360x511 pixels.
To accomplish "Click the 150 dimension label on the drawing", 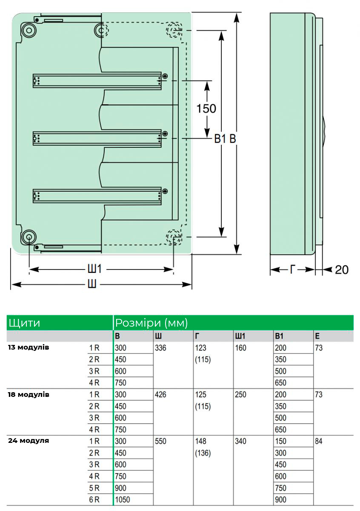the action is point(206,109).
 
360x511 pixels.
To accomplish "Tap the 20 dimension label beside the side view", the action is point(342,270).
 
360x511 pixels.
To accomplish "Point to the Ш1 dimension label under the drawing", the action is point(94,269).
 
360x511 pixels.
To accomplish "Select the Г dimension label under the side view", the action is point(292,270).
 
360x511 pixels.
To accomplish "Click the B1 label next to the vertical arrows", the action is point(220,138).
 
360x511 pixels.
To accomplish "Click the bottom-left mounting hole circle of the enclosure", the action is point(29,237).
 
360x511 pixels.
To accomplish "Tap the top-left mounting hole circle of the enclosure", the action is point(29,30).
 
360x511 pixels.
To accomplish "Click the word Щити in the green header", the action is point(24,323).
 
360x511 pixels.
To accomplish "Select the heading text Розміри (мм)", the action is point(151,323).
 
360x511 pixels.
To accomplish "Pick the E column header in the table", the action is point(317,336).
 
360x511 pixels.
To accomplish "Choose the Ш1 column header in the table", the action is point(240,336).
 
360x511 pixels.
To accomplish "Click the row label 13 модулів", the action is point(29,347).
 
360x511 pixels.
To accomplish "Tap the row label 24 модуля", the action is point(29,440).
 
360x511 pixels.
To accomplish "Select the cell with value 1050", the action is point(123,500).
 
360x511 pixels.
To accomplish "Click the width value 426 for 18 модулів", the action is point(160,394).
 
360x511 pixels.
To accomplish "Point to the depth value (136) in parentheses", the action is point(203,453).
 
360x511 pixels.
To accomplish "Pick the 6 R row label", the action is point(94,500).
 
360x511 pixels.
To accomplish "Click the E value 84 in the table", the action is point(319,441).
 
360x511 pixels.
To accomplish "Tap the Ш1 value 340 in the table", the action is point(240,441).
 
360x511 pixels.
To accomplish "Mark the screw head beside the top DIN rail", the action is point(165,76).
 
